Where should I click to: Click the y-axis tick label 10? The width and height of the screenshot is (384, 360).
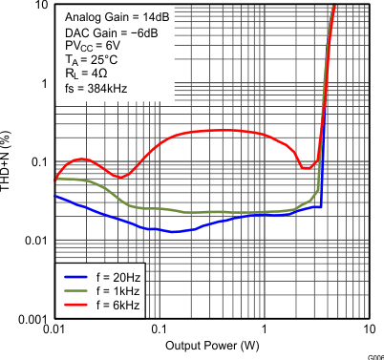tap(41, 6)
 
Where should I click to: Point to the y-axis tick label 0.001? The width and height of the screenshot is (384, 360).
tap(33, 318)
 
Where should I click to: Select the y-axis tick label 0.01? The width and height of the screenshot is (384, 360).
tap(36, 240)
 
